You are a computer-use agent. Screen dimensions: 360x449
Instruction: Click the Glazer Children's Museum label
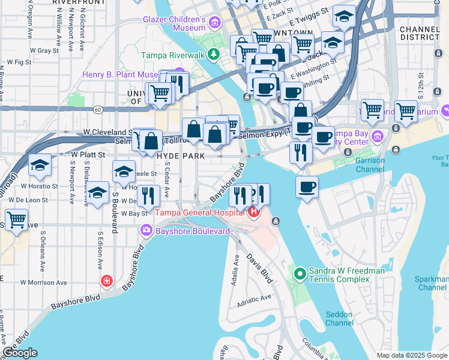click(x=174, y=23)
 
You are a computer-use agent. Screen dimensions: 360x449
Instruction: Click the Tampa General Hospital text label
click(x=201, y=212)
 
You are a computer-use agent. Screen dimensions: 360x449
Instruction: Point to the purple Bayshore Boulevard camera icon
click(x=146, y=230)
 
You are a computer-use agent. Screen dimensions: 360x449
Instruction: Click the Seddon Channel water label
click(x=339, y=319)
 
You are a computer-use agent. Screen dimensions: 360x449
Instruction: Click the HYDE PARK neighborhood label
click(x=181, y=155)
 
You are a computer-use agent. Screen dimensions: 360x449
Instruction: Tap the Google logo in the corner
click(x=20, y=353)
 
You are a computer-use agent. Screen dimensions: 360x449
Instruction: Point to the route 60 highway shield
click(x=97, y=109)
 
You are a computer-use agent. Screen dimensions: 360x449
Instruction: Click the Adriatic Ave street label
click(x=255, y=301)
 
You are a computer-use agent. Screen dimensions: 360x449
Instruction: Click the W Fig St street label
click(x=19, y=62)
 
